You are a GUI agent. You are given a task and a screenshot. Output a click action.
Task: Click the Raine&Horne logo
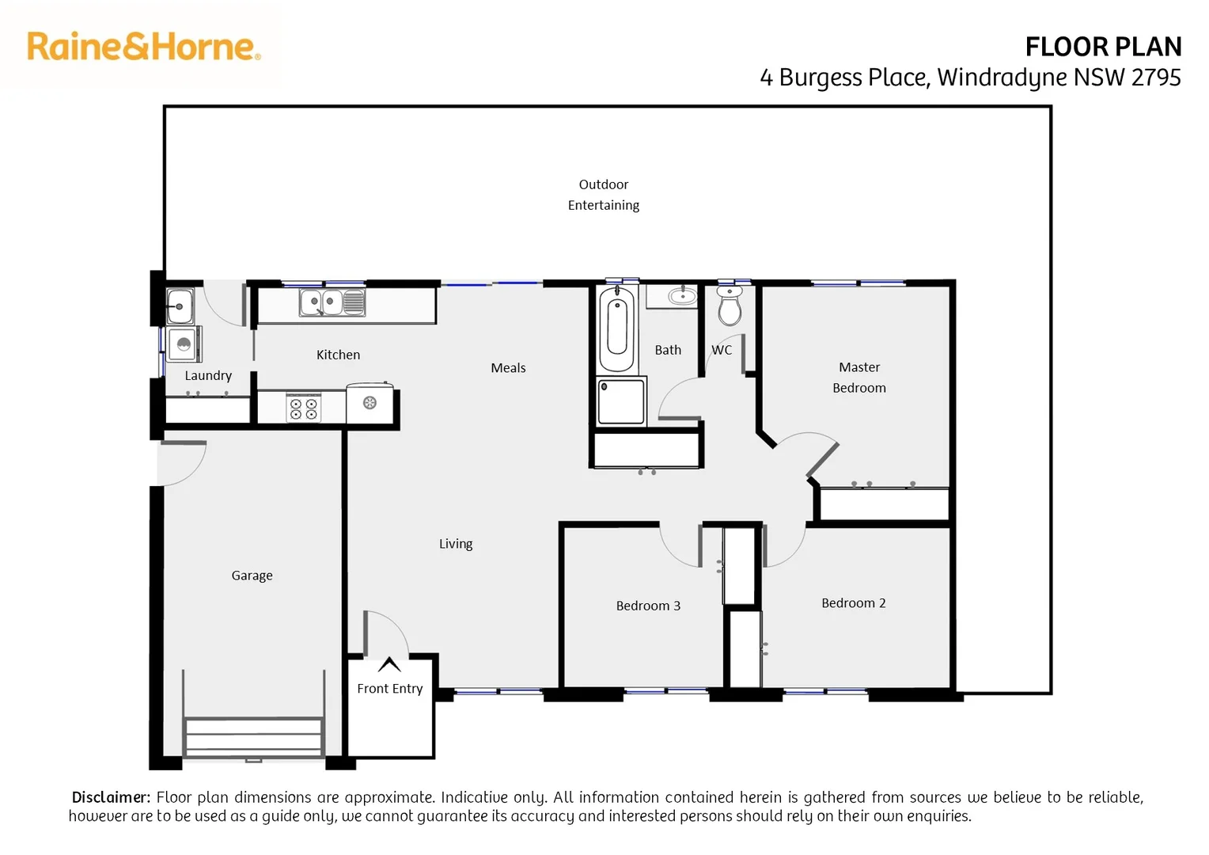coord(143,47)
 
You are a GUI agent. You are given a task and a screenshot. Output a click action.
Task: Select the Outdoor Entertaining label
coord(603,195)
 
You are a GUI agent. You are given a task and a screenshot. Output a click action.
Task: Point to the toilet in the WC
coord(730,305)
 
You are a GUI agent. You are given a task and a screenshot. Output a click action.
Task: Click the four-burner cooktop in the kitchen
coord(304,408)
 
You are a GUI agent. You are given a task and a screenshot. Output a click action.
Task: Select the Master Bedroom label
coord(858,378)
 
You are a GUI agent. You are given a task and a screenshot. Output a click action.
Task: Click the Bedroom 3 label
coord(648,606)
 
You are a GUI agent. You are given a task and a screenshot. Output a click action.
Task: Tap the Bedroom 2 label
coord(853,603)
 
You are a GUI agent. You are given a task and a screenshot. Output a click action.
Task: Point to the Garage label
coord(252,576)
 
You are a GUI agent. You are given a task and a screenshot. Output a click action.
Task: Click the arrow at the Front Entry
coord(389,664)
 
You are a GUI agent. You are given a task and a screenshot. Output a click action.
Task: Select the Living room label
coord(456,544)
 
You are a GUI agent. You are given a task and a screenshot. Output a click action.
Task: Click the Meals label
coord(508,368)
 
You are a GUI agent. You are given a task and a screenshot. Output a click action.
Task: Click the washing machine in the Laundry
coord(184,344)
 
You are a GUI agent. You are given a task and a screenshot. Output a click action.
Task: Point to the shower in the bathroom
coord(621,402)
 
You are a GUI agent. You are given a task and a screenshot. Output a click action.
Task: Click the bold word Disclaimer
coord(111,797)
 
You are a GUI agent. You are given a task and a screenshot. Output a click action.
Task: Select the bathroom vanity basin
coord(681,297)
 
